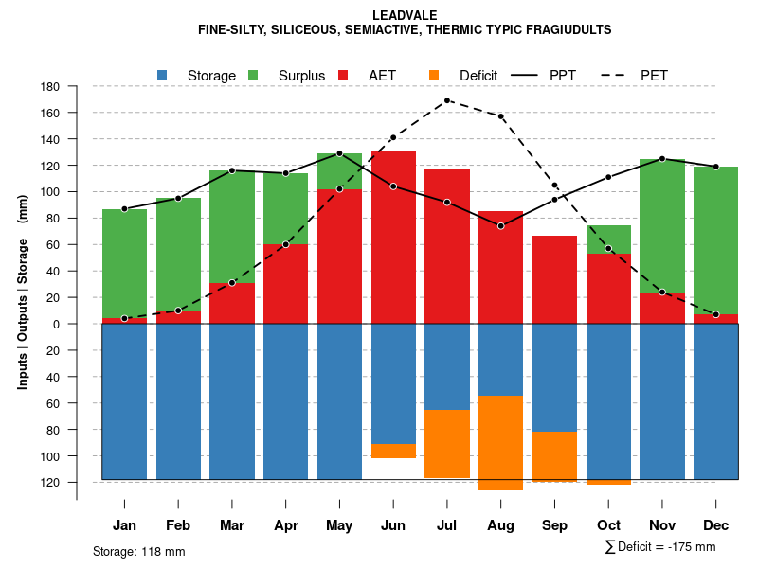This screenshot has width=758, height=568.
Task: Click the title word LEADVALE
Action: click(405, 16)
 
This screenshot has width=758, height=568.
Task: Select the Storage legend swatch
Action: click(162, 75)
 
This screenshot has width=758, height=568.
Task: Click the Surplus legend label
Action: click(301, 76)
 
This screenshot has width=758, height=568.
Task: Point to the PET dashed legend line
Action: click(618, 75)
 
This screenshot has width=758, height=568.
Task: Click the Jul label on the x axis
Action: click(447, 525)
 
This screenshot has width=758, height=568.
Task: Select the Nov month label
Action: click(662, 525)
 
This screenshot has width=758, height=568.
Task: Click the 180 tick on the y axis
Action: click(50, 87)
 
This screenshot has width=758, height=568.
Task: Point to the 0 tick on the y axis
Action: click(56, 324)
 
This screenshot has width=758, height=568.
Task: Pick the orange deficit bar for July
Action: click(447, 444)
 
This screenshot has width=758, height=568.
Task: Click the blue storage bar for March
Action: click(232, 401)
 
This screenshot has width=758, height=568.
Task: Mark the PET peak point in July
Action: click(447, 100)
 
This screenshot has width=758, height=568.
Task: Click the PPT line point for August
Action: click(500, 226)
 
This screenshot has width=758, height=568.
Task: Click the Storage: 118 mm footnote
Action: click(139, 551)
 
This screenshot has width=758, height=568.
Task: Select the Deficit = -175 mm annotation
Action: click(660, 547)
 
